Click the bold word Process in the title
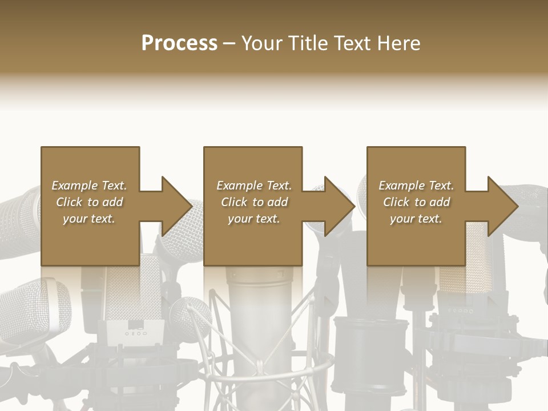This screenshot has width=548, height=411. click(x=179, y=43)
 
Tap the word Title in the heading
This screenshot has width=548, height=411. click(x=307, y=43)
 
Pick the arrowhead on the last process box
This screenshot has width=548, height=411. click(x=502, y=206)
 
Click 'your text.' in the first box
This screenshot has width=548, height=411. click(x=89, y=219)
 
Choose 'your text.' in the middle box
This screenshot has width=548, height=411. click(x=254, y=219)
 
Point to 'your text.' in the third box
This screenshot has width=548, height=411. click(x=416, y=219)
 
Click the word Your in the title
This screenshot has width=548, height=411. click(x=262, y=43)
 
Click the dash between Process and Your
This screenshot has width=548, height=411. click(x=229, y=43)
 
